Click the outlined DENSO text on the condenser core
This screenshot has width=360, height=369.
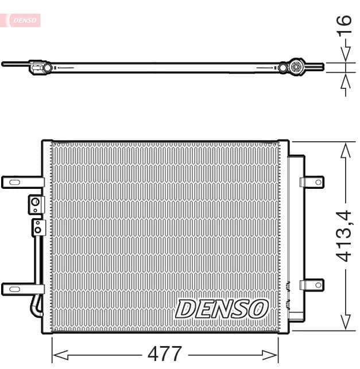click(222, 309)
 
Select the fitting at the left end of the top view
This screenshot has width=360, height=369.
click(39, 67)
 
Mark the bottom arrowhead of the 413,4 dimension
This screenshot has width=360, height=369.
click(345, 324)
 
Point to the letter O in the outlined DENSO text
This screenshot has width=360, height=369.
click(257, 309)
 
